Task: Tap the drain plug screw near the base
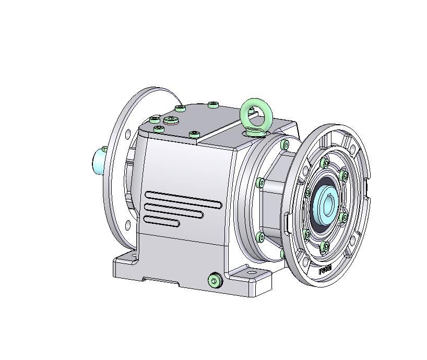(214, 281)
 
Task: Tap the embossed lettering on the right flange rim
(325, 270)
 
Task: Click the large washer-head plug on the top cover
(171, 121)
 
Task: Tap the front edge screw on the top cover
(194, 135)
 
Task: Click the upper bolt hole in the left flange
(127, 134)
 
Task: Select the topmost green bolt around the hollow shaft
(326, 163)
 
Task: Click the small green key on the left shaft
(105, 150)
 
